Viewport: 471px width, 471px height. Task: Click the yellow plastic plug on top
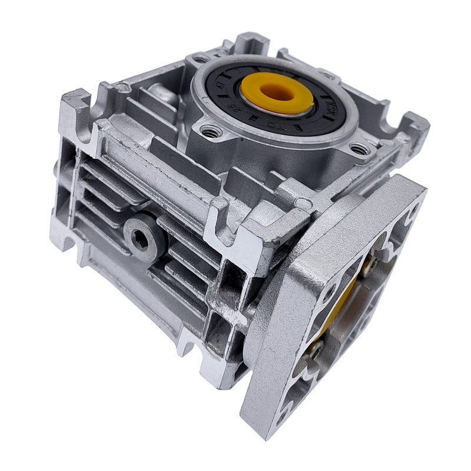pyautogui.click(x=277, y=96)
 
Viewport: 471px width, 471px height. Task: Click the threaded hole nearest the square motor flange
pyautogui.click(x=357, y=148)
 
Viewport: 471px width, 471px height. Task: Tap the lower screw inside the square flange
pyautogui.click(x=314, y=351)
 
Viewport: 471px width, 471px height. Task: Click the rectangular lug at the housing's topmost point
pyautogui.click(x=253, y=42)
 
